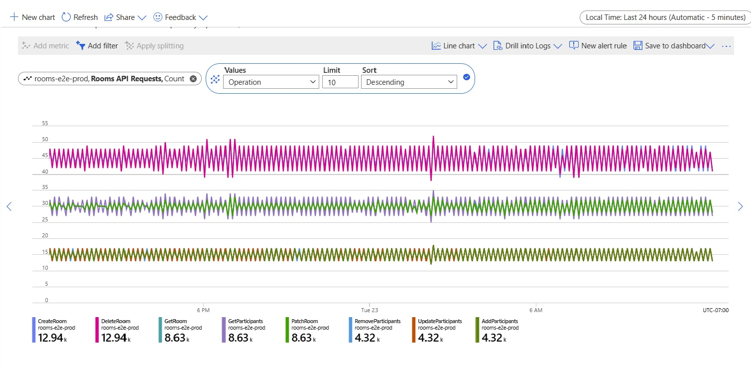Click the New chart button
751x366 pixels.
pyautogui.click(x=33, y=17)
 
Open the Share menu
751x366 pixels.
pyautogui.click(x=125, y=17)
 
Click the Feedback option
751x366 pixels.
pyautogui.click(x=180, y=17)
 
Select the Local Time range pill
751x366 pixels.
pyautogui.click(x=665, y=17)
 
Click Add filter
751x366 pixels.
pyautogui.click(x=97, y=46)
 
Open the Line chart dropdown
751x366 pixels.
pyautogui.click(x=459, y=46)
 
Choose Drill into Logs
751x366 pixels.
pyautogui.click(x=527, y=46)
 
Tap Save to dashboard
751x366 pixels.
pyautogui.click(x=674, y=46)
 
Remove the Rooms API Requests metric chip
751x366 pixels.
pyautogui.click(x=193, y=79)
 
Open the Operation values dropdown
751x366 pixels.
pyautogui.click(x=271, y=82)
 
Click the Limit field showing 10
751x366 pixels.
pyautogui.click(x=340, y=82)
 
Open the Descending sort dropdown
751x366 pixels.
pyautogui.click(x=409, y=82)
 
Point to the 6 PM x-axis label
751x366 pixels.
pyautogui.click(x=204, y=310)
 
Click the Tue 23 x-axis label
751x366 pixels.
pyautogui.click(x=370, y=310)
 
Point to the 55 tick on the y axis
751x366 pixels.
pyautogui.click(x=45, y=123)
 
